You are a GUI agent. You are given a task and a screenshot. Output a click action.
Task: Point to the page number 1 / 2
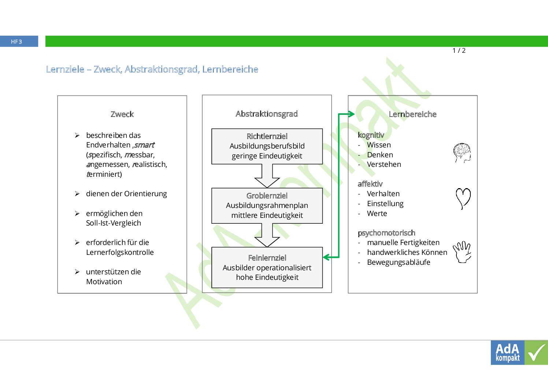(x=459, y=51)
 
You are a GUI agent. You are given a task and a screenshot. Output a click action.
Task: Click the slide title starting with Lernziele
(x=152, y=69)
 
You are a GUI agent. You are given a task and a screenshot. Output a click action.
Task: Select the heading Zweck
(x=122, y=114)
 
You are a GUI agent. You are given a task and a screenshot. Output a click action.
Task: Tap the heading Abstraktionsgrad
(x=267, y=114)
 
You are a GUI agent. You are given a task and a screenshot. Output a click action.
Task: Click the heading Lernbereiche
(x=412, y=114)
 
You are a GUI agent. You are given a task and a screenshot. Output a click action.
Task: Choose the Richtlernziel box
(x=267, y=146)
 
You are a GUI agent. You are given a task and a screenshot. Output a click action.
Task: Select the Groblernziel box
(x=267, y=205)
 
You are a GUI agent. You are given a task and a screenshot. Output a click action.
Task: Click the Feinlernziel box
(x=267, y=267)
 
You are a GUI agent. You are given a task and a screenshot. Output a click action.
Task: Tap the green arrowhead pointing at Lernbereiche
(x=351, y=114)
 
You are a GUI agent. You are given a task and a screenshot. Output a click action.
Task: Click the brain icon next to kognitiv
(x=462, y=153)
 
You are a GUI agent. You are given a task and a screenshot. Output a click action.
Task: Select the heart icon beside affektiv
(x=463, y=198)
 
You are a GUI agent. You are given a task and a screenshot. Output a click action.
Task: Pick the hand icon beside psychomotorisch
(x=462, y=252)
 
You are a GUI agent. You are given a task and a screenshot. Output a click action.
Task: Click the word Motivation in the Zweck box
(x=104, y=282)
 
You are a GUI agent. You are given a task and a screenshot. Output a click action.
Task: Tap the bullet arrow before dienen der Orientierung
(x=77, y=194)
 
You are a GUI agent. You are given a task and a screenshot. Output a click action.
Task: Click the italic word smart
(x=144, y=145)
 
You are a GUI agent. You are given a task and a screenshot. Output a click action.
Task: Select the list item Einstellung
(x=385, y=204)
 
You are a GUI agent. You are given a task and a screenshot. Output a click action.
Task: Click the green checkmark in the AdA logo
(x=536, y=353)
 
